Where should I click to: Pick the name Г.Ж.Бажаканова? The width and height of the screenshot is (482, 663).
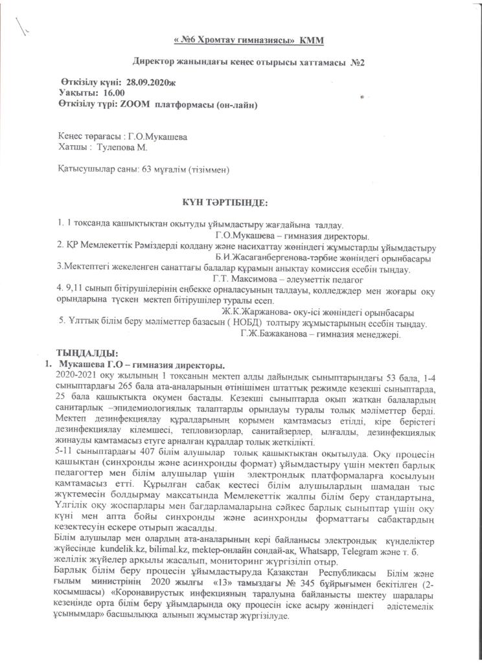[272, 334]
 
